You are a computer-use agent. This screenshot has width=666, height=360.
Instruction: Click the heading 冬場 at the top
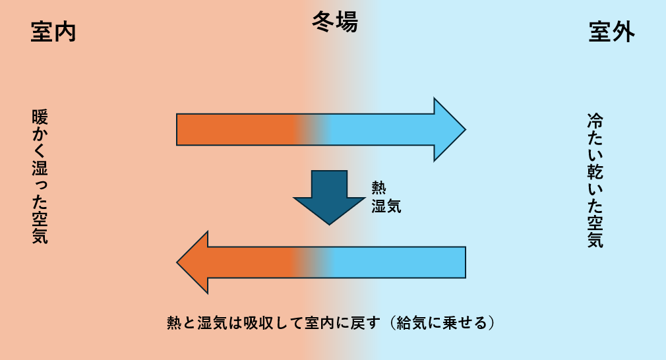point(334,24)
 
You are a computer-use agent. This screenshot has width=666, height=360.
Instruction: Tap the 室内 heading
point(53,32)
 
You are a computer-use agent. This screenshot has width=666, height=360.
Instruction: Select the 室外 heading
point(611,32)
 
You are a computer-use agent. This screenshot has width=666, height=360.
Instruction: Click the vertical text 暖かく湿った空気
point(40,177)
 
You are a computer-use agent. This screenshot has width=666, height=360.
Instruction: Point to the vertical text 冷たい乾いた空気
point(595,181)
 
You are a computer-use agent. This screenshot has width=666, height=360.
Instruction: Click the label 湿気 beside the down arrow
point(386,206)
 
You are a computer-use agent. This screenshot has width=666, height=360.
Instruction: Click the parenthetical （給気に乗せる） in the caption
point(438,323)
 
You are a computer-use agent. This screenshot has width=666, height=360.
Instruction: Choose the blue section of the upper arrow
point(382,129)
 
